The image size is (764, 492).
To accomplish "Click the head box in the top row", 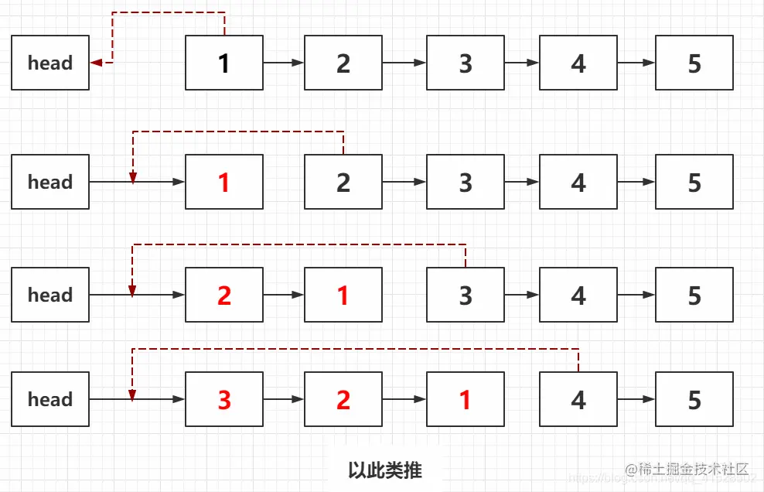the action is coord(50,63).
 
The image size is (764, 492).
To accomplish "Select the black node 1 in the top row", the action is coord(224,63).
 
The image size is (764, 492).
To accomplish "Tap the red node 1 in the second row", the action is coord(224,183).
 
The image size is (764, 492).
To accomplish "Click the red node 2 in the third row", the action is coord(224,295).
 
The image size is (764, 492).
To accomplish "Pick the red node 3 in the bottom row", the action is coord(224,399).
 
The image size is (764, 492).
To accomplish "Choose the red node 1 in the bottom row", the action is coord(466,399).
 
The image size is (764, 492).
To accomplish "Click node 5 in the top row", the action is coord(694,63).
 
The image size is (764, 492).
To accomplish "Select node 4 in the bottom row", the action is coord(578,399).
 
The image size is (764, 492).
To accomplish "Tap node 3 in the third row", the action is coord(466,295).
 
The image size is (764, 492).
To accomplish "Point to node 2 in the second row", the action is coord(343,183).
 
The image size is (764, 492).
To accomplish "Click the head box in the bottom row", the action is coord(50,399).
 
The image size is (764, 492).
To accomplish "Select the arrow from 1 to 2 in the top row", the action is coord(284,63).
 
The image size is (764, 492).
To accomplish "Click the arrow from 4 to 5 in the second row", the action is coord(636,183).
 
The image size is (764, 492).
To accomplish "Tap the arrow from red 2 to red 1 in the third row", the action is coord(284,295).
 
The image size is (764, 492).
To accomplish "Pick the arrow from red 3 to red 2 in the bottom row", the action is coord(284,399).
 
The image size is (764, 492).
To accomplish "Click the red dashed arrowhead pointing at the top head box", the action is coord(97,63).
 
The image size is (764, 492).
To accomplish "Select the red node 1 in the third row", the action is coord(343,295).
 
